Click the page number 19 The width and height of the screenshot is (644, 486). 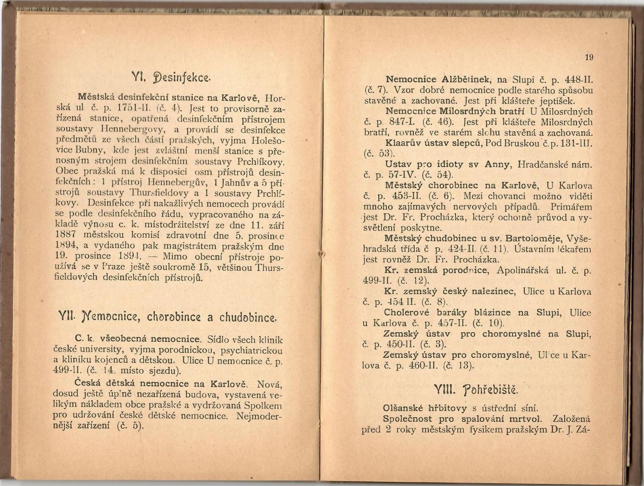pyautogui.click(x=589, y=57)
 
